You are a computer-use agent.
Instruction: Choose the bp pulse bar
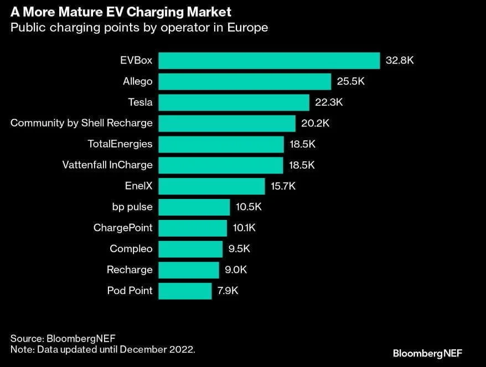point(194,207)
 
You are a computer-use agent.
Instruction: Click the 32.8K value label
point(400,60)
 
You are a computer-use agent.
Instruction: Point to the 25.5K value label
point(351,81)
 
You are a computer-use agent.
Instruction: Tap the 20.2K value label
point(316,123)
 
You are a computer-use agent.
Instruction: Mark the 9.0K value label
point(235,270)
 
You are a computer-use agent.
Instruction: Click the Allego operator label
point(137,81)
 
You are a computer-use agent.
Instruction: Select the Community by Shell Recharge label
point(81,123)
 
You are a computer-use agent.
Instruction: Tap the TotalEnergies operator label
point(120,144)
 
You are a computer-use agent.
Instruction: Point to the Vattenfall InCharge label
point(108,165)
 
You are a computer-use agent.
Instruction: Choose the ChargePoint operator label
point(123,228)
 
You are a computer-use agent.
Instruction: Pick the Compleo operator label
point(131,249)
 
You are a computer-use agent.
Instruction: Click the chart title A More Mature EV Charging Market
point(121,12)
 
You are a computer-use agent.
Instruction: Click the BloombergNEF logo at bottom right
point(427,353)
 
